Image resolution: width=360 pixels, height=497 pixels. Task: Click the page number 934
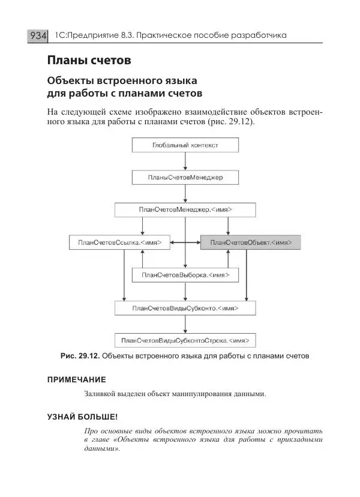37,36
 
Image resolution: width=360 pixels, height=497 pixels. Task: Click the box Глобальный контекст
185,145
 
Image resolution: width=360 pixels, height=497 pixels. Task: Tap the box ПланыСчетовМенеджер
185,178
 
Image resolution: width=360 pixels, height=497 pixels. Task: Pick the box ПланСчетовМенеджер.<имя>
185,210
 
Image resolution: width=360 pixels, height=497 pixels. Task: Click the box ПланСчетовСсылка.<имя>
119,242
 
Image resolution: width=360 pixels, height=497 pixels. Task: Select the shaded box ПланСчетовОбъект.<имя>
250,242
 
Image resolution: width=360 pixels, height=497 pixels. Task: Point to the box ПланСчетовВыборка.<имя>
185,275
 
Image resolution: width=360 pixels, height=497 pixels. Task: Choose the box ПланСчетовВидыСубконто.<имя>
185,308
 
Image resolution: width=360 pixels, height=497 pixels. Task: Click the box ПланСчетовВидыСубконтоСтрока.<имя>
185,340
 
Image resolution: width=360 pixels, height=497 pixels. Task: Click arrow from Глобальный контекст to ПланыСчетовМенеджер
185,161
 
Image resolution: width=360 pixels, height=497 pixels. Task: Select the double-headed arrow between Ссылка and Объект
185,242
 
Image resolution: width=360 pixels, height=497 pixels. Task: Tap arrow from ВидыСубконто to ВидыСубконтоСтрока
185,324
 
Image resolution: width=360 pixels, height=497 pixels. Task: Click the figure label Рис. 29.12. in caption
80,356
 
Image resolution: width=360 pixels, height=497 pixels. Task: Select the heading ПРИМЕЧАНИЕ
76,379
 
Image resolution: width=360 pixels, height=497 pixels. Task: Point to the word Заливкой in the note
102,394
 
